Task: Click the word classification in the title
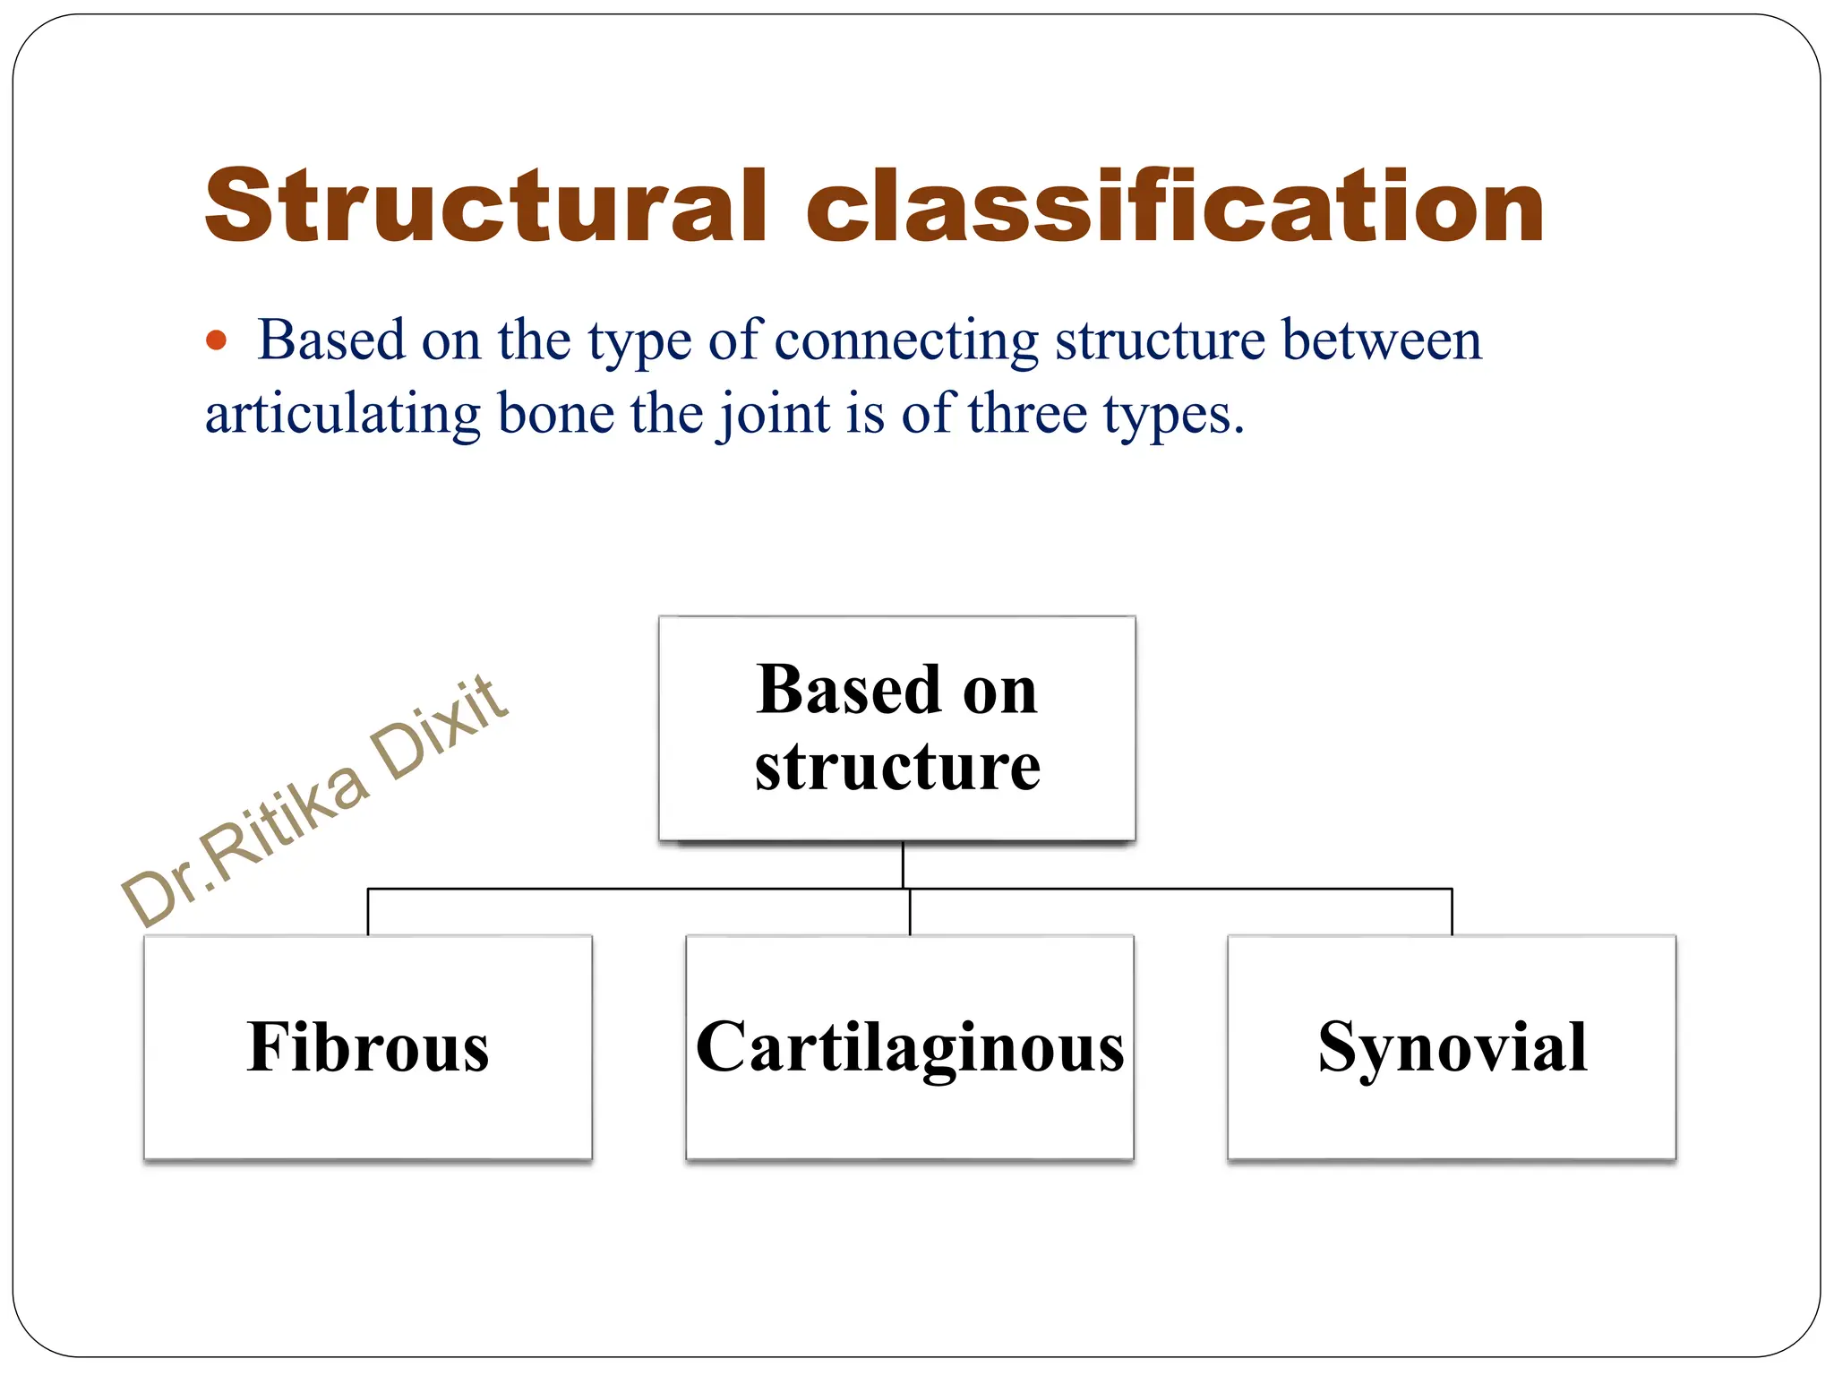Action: (x=1175, y=207)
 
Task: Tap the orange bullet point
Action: (x=216, y=341)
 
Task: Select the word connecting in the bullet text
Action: (x=906, y=341)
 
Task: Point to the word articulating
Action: (x=344, y=415)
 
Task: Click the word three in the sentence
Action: (x=1027, y=415)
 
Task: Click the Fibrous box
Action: (x=368, y=1046)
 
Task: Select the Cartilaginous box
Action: (x=910, y=1046)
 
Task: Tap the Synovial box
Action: (x=1452, y=1046)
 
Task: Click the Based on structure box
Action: (x=897, y=727)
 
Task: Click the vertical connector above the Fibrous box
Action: (x=368, y=912)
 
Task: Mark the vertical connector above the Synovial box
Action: (x=1452, y=912)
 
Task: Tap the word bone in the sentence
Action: (x=555, y=415)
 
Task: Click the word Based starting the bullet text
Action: (x=331, y=341)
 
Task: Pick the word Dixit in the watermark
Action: (x=440, y=727)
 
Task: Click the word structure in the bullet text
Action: (x=1160, y=341)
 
